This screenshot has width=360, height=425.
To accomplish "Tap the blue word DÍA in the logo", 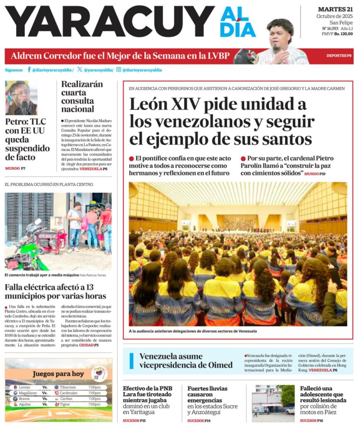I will click(x=238, y=30).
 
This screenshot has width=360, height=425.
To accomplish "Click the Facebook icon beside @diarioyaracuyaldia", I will click(x=29, y=70).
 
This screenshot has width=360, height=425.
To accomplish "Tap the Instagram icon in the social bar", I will click(x=119, y=70).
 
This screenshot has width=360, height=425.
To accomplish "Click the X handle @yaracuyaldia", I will click(x=98, y=70).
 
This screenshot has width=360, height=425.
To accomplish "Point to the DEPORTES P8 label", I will click(x=338, y=56).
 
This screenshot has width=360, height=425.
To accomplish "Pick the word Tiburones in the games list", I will click(x=68, y=387).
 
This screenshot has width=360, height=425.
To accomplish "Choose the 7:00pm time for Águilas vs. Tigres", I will click(x=94, y=404).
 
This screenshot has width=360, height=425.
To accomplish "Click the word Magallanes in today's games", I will click(x=28, y=393).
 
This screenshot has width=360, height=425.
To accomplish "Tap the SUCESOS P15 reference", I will click(x=134, y=420).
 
